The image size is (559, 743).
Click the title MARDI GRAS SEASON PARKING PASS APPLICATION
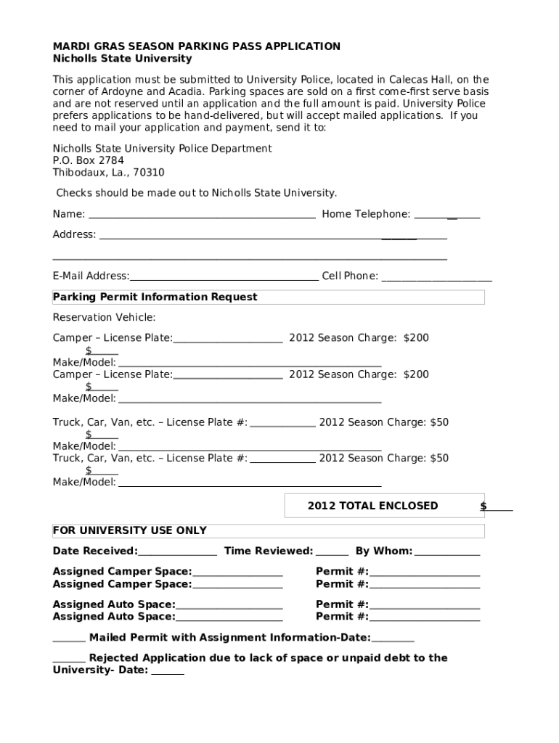(196, 46)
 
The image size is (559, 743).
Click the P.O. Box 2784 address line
(88, 160)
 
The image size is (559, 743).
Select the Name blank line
(201, 216)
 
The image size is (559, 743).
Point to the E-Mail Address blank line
(224, 278)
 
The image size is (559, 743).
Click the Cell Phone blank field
(436, 278)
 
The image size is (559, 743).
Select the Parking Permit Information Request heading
(155, 297)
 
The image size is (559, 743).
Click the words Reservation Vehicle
(104, 317)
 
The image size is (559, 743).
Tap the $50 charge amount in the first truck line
(439, 422)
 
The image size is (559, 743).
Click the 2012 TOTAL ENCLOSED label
(372, 506)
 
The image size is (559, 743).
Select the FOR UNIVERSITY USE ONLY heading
(129, 530)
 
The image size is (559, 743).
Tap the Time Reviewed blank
(332, 553)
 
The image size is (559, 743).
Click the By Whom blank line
(446, 553)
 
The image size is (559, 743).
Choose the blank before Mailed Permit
(69, 640)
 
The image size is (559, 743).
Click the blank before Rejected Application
(69, 660)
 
